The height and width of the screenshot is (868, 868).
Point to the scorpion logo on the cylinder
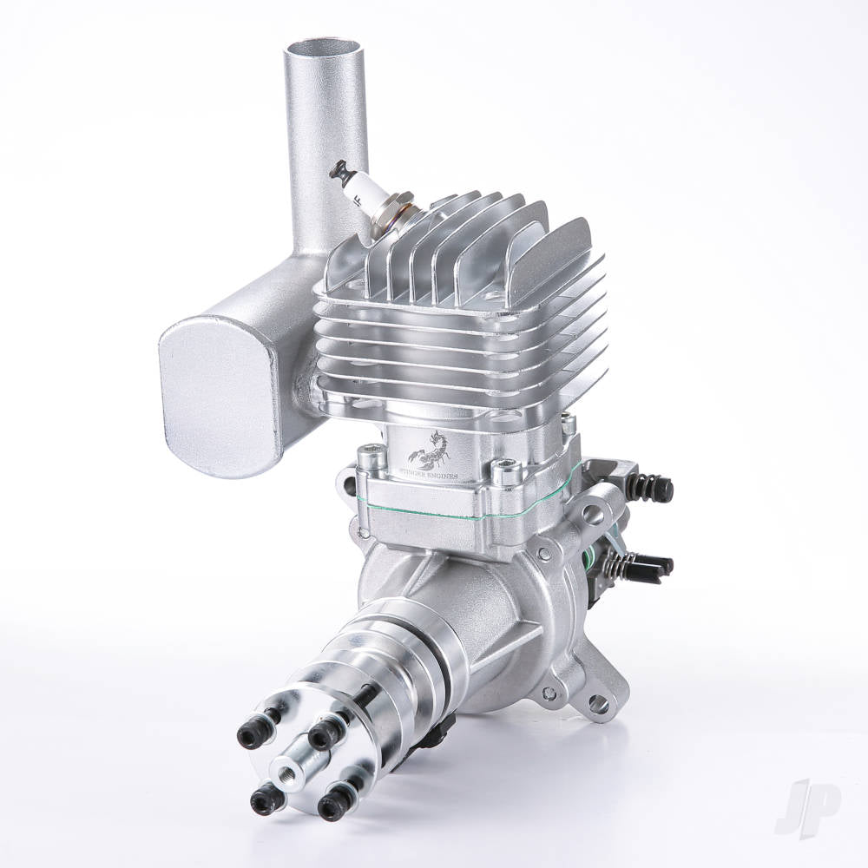431,449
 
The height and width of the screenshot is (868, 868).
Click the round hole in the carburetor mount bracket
593,516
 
